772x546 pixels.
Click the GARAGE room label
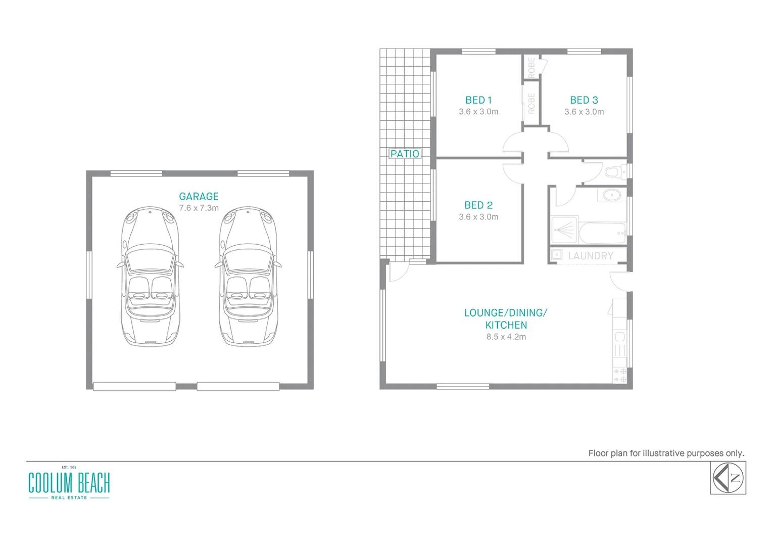199,196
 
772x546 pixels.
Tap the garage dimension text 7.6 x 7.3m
199,208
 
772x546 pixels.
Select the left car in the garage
150,276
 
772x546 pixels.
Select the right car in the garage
248,276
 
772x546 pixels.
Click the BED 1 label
478,100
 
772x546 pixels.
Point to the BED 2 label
478,205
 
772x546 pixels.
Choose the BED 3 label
584,100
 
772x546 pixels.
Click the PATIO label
405,154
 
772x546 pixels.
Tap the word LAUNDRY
590,256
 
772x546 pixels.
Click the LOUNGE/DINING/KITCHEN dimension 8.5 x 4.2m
506,337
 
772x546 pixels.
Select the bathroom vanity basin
612,195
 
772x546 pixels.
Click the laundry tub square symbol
557,255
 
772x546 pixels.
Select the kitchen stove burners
619,375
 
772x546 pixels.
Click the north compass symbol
728,478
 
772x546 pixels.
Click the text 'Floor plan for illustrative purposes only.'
665,453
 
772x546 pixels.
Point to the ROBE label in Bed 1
531,103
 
